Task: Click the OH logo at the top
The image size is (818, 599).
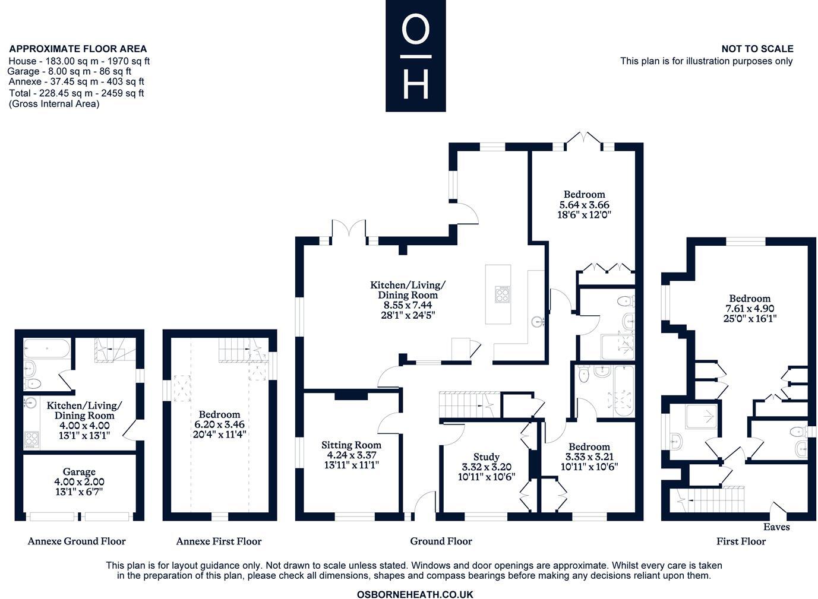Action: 415,56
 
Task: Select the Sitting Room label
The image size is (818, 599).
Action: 351,445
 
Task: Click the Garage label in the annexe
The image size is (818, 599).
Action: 79,472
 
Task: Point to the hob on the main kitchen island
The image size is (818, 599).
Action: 503,294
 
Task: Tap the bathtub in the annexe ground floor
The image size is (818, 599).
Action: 47,347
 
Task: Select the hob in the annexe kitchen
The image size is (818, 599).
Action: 31,440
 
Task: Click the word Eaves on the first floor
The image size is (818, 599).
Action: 776,527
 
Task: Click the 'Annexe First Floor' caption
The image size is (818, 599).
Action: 219,541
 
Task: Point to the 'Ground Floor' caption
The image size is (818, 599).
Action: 441,541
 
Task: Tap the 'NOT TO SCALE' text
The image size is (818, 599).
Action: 757,49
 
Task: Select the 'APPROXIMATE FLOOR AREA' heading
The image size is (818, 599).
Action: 78,49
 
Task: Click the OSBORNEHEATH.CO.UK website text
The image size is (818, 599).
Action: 415,594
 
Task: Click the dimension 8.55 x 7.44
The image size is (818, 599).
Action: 408,305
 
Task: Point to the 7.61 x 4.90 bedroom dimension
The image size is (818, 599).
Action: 750,309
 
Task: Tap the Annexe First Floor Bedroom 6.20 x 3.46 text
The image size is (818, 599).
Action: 219,424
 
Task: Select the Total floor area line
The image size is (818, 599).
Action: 77,93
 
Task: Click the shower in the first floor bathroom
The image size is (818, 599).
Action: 701,416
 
